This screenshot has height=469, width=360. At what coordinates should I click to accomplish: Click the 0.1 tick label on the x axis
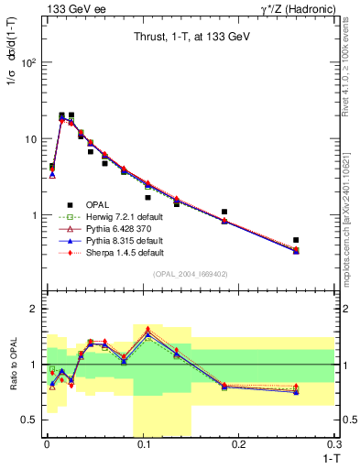141,445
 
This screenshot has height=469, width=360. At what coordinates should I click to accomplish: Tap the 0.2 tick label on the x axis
238,445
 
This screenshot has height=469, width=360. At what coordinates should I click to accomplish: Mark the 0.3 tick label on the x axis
333,445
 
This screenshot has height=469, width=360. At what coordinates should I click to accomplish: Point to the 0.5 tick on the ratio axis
30,420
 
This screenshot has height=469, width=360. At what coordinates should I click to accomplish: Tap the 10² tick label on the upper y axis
28,63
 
